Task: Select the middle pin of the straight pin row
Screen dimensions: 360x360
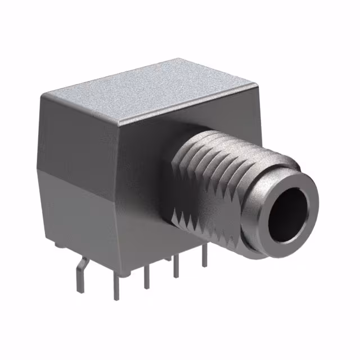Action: (x=147, y=276)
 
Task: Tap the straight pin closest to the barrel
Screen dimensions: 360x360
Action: (x=204, y=256)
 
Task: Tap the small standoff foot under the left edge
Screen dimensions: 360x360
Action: (x=60, y=244)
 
